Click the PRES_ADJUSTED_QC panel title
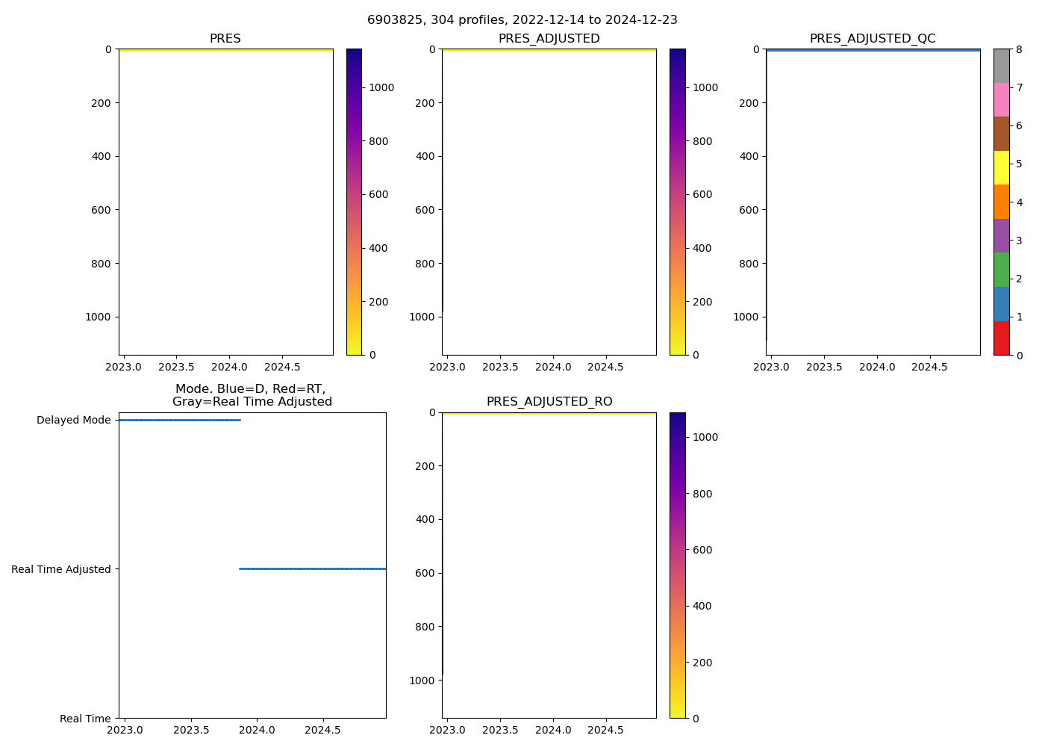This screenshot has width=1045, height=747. (873, 39)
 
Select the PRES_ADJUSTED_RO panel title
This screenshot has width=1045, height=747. (549, 402)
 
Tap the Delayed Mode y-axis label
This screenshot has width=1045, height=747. (73, 421)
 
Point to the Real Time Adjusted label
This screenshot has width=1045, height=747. (60, 569)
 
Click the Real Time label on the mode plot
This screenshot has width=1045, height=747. (85, 719)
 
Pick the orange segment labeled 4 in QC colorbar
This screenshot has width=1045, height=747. (1001, 202)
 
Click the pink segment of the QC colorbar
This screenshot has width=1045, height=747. (1001, 99)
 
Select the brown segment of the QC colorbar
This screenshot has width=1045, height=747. (1001, 134)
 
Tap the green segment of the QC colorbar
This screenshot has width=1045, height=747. (1001, 270)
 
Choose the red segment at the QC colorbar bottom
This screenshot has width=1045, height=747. (1001, 338)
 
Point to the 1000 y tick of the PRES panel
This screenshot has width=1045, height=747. (98, 317)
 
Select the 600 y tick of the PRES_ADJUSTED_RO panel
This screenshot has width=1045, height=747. (425, 573)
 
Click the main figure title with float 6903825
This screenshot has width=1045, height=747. (522, 20)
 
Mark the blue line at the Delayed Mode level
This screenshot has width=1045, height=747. (179, 420)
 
